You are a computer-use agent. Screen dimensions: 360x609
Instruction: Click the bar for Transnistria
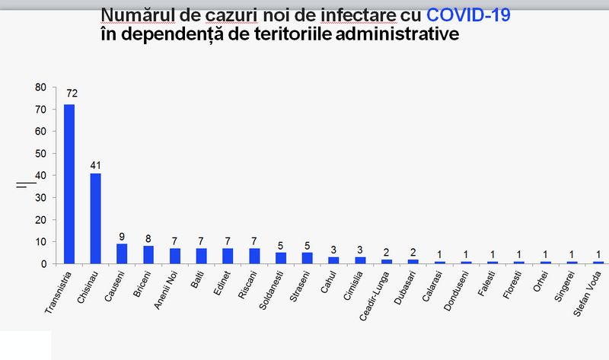(69, 183)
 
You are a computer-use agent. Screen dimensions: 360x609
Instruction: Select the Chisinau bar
(95, 218)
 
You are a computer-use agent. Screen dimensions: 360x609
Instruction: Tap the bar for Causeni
(122, 253)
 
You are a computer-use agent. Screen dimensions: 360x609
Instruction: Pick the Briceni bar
(148, 255)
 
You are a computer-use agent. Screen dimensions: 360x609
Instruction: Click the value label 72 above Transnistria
(69, 94)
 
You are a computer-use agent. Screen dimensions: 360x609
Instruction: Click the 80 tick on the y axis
(40, 88)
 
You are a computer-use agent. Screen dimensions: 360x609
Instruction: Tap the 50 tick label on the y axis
(40, 154)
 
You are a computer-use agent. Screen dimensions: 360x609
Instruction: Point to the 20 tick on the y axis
(40, 220)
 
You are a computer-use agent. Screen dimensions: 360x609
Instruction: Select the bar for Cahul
(333, 260)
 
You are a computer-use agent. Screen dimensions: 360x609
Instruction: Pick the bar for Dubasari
(413, 261)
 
